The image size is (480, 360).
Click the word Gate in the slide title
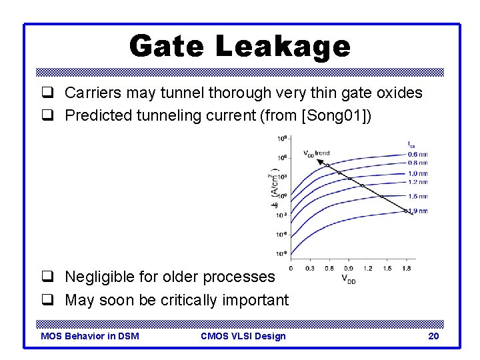[167, 46]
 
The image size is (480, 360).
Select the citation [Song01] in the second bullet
[333, 115]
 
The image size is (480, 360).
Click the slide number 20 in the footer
[433, 336]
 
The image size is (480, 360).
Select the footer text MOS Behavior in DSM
[90, 336]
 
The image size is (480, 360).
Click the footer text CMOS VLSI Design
[243, 336]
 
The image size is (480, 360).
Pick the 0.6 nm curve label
[417, 154]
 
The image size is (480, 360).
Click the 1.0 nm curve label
[417, 173]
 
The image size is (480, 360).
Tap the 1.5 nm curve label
[417, 197]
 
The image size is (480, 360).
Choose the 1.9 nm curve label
[417, 211]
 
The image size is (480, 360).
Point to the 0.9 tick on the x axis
[349, 268]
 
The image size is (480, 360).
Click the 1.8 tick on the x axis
[407, 268]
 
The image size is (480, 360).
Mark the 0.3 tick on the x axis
[310, 268]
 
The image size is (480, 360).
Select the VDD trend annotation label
[317, 153]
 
